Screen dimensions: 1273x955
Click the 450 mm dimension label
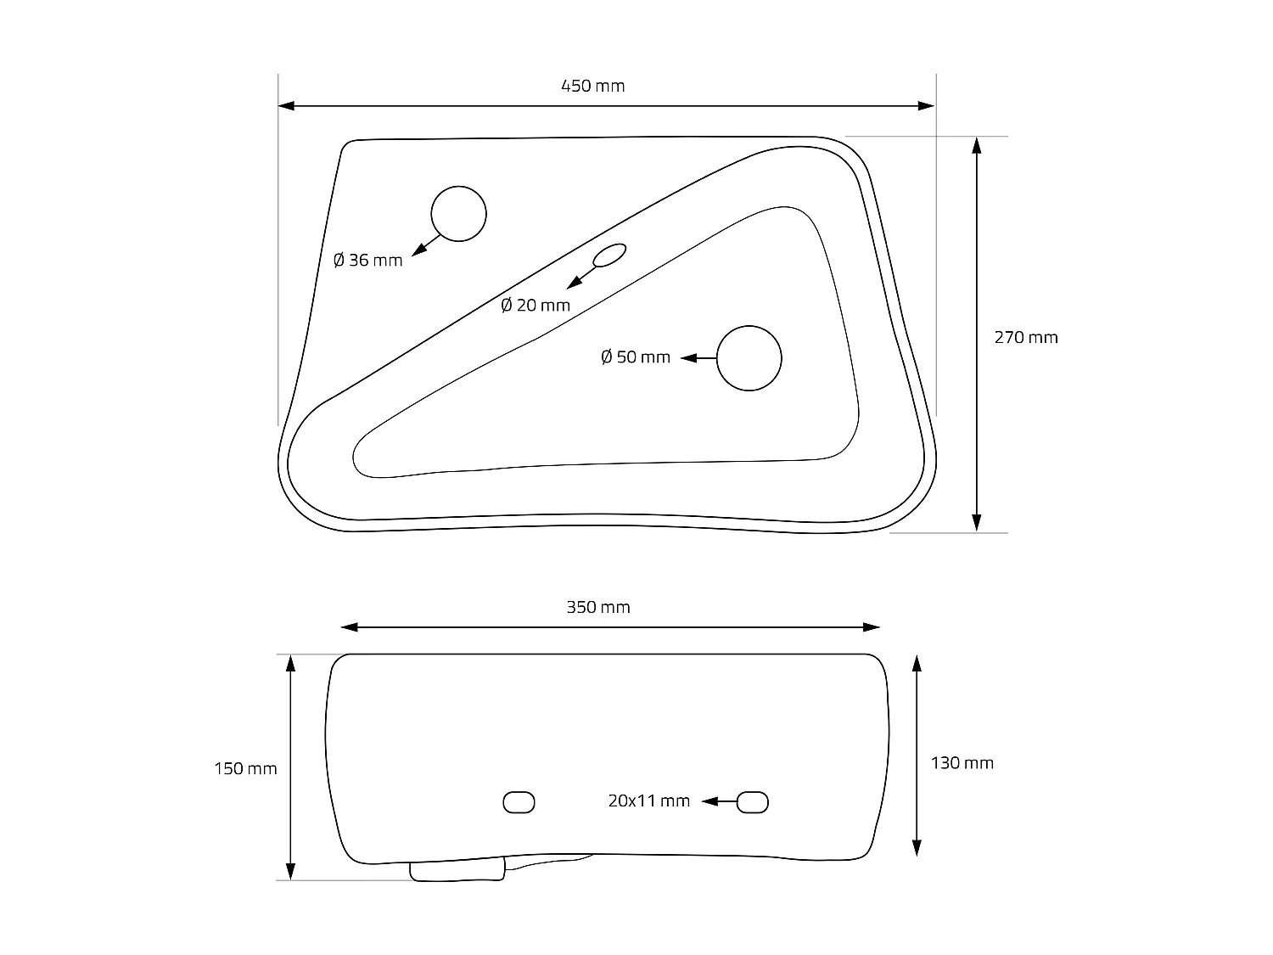click(x=592, y=87)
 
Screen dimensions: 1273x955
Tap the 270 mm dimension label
click(x=1026, y=338)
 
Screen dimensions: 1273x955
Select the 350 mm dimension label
click(x=598, y=607)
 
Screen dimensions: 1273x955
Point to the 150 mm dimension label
click(x=245, y=769)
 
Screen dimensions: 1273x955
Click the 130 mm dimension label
click(x=962, y=763)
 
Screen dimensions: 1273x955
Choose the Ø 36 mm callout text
click(x=367, y=261)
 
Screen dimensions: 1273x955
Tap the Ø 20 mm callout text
click(x=536, y=305)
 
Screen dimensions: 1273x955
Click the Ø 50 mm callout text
click(x=636, y=357)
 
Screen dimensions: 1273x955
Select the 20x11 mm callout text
click(x=649, y=801)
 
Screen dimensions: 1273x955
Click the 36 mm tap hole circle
click(x=459, y=187)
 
